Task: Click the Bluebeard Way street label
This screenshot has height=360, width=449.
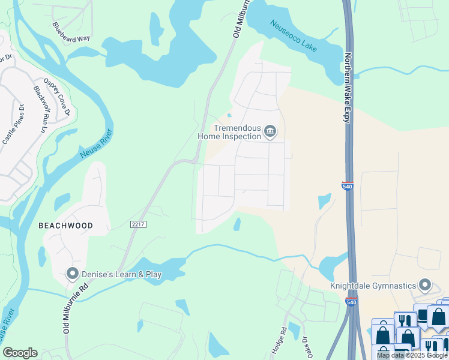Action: click(x=71, y=31)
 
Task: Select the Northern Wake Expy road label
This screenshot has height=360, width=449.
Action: click(x=346, y=88)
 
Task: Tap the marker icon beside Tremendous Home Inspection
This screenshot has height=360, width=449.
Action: click(x=271, y=131)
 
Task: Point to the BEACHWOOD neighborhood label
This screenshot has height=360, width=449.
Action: click(x=65, y=226)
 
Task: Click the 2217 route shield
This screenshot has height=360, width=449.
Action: click(x=137, y=224)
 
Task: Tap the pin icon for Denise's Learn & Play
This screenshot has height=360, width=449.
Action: click(x=73, y=274)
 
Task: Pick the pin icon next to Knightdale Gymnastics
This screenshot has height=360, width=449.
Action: click(x=426, y=284)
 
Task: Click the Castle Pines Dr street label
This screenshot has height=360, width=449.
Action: click(x=13, y=125)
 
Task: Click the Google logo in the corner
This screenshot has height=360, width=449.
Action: click(x=20, y=353)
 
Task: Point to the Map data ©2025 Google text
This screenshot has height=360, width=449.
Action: click(x=412, y=355)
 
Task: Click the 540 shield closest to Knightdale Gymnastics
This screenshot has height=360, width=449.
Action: click(x=352, y=302)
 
